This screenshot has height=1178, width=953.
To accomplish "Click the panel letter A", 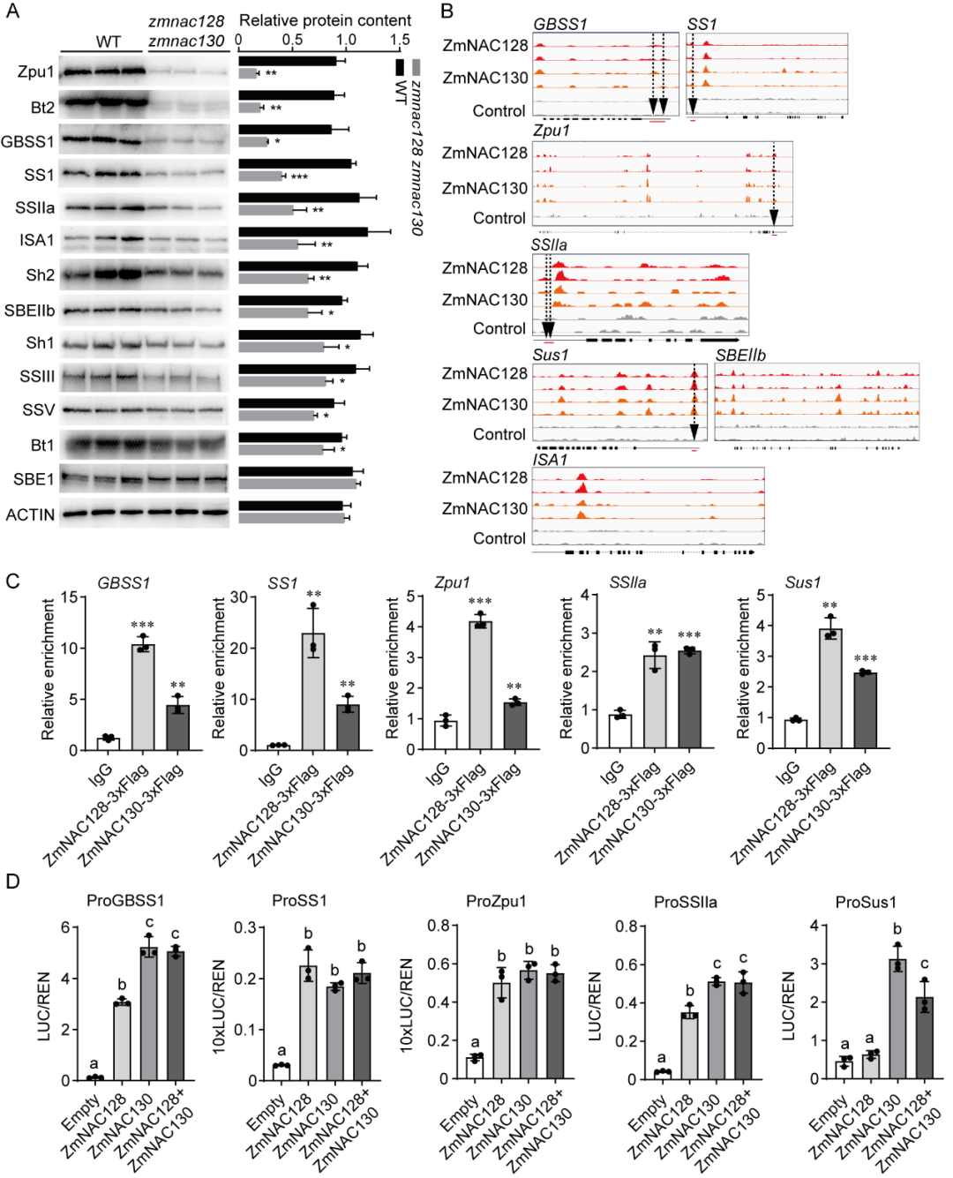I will [11, 11].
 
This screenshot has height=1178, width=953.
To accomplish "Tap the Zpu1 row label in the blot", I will [35, 71].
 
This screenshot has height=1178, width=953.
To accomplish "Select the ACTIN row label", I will [30, 514].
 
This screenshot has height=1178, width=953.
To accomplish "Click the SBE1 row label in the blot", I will [34, 479].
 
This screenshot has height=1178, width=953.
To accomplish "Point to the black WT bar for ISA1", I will [303, 232].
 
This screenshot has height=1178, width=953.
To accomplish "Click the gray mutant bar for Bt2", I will [250, 108].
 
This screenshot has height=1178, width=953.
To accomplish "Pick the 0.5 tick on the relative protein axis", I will [293, 40].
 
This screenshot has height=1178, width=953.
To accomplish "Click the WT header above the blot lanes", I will [108, 41].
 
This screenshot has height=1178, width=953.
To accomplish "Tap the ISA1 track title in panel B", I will [550, 460].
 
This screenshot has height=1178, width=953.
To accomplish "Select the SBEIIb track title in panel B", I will [740, 355].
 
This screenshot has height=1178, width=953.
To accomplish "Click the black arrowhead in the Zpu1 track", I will [774, 218].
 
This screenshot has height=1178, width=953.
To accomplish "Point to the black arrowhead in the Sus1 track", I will [694, 431].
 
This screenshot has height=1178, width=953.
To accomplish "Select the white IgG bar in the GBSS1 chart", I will [108, 743].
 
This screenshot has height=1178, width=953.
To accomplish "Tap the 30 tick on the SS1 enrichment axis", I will [239, 597].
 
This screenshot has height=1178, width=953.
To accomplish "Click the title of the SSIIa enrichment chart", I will [627, 583].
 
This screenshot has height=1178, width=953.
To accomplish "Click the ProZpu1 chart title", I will [496, 901].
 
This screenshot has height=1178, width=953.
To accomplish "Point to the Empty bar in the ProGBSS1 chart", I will [95, 1078].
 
